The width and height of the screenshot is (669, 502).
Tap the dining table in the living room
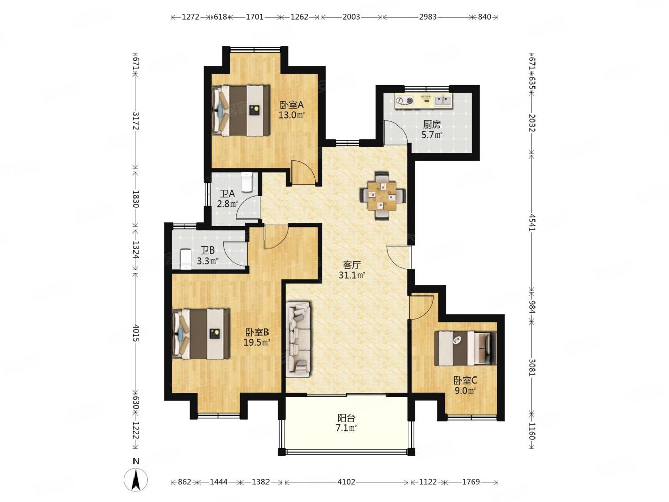coord(382,196)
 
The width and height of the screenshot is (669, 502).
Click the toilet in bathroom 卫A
coord(246,182)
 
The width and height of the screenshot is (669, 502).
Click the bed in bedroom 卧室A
coord(241,110)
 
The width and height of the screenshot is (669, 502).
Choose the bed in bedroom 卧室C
coord(465,348)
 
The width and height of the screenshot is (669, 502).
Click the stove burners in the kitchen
coord(405,100)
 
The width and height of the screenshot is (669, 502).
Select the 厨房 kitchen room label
coord(432,124)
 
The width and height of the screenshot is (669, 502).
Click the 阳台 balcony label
coord(346,418)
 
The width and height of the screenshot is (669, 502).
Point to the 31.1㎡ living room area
coord(352,275)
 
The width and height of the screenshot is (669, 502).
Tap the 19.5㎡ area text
coord(257,343)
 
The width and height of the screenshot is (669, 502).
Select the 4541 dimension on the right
coord(532,223)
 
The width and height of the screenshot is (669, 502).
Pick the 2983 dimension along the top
coord(427,17)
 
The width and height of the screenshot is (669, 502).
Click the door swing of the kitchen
coord(395,132)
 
